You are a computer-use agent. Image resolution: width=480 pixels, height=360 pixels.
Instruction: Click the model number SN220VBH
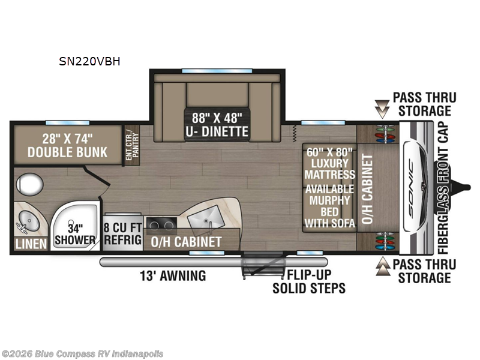coord(89,61)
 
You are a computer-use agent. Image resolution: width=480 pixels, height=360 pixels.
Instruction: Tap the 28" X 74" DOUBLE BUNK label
coord(67,145)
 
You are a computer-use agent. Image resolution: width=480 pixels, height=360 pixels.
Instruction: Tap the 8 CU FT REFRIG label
coord(123,234)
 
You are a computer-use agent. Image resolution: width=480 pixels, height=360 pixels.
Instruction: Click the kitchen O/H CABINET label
coord(185,242)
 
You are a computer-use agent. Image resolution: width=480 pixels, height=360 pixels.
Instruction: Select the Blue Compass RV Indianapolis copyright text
coord(82,354)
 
